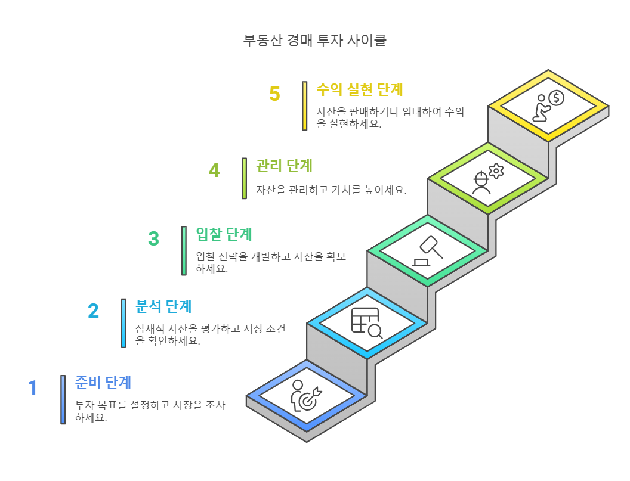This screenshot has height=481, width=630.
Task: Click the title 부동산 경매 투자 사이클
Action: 315,41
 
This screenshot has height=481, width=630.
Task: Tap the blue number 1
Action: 33,388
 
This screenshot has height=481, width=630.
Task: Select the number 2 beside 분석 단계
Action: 93,311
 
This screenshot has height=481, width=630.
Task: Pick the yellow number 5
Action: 274,94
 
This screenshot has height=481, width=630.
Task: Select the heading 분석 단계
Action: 163,306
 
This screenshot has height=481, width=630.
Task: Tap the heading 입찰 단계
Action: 224,234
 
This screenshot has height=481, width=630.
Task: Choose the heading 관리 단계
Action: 285,165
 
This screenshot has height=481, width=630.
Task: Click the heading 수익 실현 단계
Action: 360,89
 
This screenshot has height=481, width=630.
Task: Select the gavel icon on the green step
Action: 428,251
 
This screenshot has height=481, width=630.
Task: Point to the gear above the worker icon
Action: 496,171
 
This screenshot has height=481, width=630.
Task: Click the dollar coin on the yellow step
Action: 556,97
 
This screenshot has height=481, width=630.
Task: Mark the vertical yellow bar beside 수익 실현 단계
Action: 304,105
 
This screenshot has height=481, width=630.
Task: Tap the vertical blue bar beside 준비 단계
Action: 63,399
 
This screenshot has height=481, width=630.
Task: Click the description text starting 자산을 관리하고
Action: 331,190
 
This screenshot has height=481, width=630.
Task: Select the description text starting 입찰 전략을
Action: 271,262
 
